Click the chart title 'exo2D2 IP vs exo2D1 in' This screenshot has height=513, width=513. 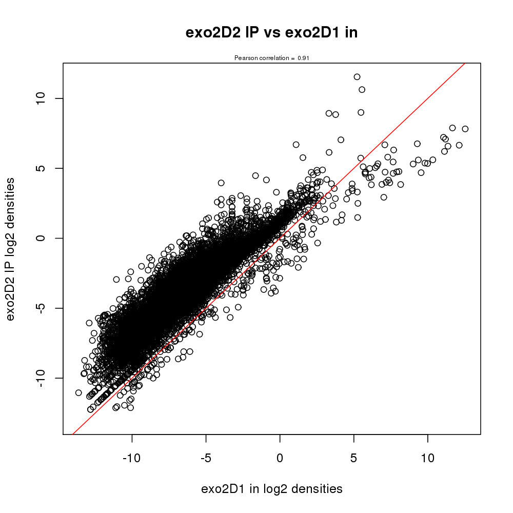pyautogui.click(x=271, y=33)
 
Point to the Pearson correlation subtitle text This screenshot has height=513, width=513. pyautogui.click(x=271, y=58)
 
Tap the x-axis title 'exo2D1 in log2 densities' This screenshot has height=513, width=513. pyautogui.click(x=271, y=489)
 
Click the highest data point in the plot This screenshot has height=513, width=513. pyautogui.click(x=357, y=77)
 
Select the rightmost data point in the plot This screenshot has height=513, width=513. pyautogui.click(x=465, y=129)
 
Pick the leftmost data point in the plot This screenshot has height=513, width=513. pyautogui.click(x=78, y=392)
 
